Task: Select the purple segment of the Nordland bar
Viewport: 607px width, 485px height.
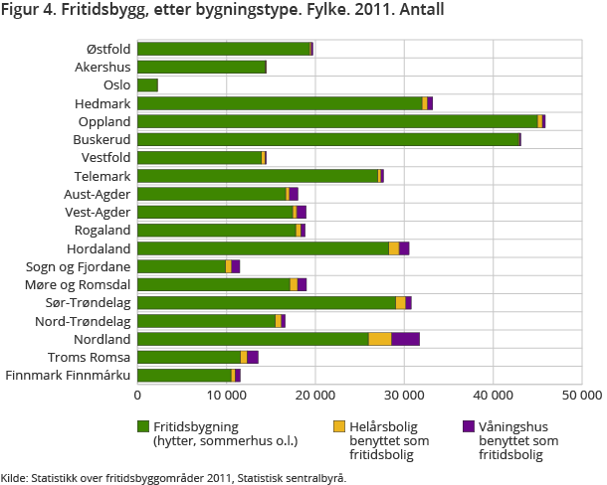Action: (x=405, y=339)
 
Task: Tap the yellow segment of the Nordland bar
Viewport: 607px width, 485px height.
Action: (x=380, y=339)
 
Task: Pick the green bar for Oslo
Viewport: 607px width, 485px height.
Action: (x=147, y=85)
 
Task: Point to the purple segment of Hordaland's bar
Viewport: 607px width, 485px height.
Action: (x=404, y=248)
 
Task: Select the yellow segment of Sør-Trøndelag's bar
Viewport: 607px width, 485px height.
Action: (x=400, y=302)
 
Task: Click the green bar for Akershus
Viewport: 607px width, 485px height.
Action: (x=201, y=67)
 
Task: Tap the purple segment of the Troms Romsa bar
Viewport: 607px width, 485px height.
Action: (x=253, y=357)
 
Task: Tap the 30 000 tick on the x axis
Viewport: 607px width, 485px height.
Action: (x=404, y=394)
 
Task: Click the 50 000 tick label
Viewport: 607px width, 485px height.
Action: (x=581, y=394)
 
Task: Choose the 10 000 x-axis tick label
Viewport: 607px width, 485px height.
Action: (x=227, y=394)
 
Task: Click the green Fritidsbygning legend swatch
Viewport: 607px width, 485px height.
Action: (x=143, y=426)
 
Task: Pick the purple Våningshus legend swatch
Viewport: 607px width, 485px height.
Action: (x=469, y=426)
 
